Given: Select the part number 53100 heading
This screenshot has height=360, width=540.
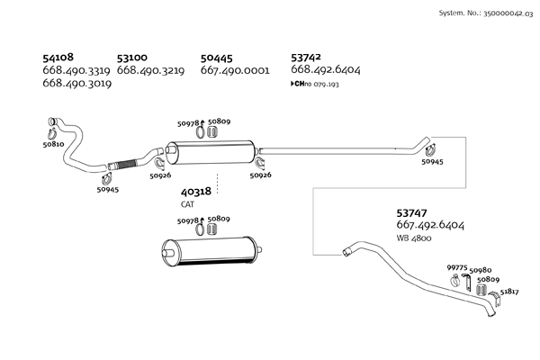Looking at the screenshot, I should (x=134, y=57).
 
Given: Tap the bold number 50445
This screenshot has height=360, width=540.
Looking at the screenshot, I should (x=218, y=57).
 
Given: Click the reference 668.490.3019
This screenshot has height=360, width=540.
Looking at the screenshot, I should (x=76, y=83).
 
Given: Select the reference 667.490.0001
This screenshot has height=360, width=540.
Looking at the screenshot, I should (x=235, y=70).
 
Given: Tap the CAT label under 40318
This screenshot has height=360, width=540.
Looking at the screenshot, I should (x=188, y=204).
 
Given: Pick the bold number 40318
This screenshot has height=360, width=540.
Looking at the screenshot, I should (x=196, y=192).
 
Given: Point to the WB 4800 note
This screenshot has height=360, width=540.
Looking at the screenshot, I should (x=414, y=238).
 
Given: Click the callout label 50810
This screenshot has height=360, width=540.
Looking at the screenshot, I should (x=53, y=143).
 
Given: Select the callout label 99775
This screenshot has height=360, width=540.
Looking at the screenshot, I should (x=457, y=268).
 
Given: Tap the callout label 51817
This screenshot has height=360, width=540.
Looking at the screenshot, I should (x=509, y=292).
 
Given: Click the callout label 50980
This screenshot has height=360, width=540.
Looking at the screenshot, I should (x=481, y=269).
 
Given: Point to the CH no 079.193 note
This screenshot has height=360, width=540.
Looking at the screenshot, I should (x=315, y=84).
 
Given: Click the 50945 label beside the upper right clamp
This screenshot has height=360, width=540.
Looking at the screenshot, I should (x=432, y=162).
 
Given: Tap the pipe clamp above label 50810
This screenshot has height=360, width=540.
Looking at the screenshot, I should (x=51, y=123).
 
